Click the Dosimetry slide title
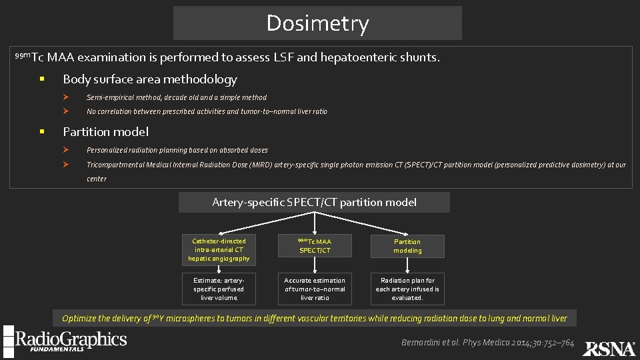point(317,23)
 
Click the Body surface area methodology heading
point(149,79)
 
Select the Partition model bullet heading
point(105,131)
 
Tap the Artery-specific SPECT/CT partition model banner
point(314,202)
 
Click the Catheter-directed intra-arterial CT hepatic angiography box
point(219,249)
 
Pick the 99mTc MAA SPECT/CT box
point(315,246)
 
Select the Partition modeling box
point(407,246)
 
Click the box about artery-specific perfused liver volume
point(219,289)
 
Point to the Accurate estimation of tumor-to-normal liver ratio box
point(315,289)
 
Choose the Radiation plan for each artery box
point(407,289)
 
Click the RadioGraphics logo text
point(71,339)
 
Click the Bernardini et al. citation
point(487,343)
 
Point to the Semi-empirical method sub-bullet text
point(177,97)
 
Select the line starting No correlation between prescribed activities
point(207,111)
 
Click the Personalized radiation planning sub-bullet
point(177,150)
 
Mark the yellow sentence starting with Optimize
point(314,319)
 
